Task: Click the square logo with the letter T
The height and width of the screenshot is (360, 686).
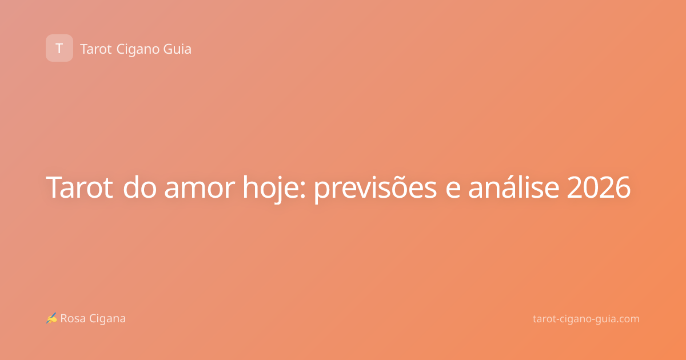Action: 59,48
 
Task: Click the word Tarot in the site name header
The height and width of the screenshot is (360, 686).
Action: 96,49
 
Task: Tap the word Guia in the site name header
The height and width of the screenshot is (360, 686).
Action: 177,49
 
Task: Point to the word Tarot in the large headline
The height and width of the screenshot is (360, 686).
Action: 79,187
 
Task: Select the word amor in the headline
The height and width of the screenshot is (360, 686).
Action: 200,190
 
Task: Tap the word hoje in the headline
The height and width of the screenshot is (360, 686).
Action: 271,188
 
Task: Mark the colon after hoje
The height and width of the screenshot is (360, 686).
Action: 303,190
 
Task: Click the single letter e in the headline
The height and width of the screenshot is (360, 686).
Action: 453,190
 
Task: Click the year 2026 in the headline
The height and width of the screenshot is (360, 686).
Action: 599,187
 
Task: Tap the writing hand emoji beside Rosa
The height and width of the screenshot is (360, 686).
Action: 51,318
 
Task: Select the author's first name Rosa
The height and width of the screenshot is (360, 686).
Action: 73,318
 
